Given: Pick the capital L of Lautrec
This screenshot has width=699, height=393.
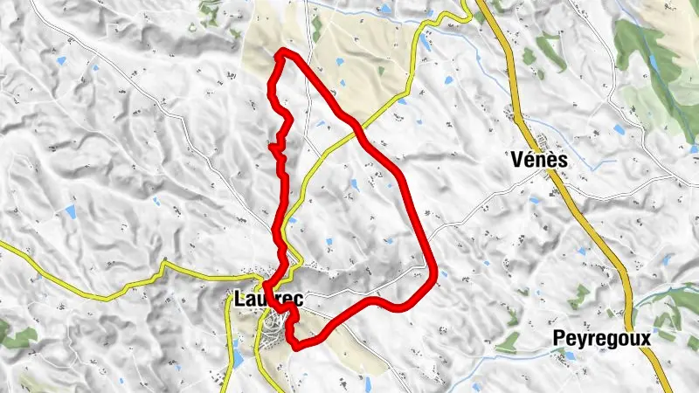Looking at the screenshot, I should (x=239, y=299).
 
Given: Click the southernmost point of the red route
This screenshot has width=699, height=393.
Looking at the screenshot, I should (x=297, y=347).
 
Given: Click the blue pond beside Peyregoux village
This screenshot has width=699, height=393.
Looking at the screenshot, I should (x=570, y=355).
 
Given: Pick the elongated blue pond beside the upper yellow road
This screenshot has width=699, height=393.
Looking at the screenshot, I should (x=425, y=41).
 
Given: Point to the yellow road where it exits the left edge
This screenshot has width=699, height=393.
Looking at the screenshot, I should (x=3, y=245).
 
